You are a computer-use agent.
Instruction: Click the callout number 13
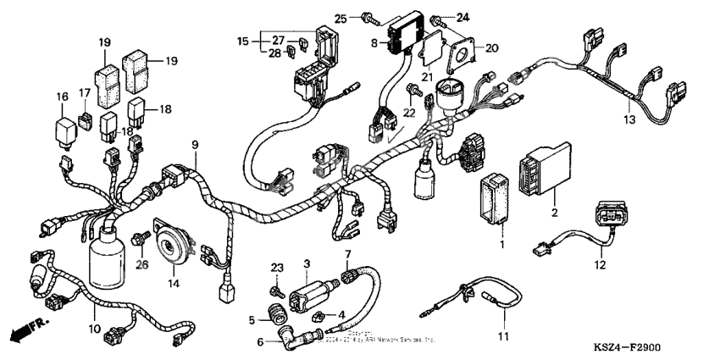[x=629, y=119]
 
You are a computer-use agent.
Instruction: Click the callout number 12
[x=601, y=265]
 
